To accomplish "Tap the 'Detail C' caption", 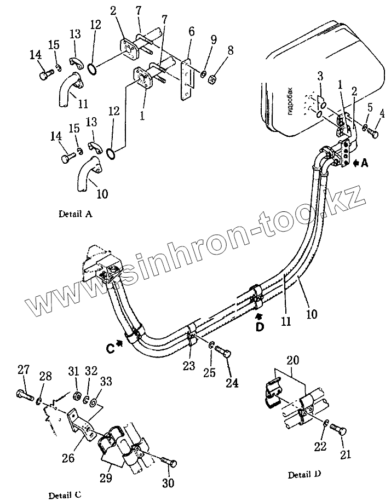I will click(x=65, y=480).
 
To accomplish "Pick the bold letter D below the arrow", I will click(x=260, y=327).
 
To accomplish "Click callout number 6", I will click(x=191, y=33).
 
